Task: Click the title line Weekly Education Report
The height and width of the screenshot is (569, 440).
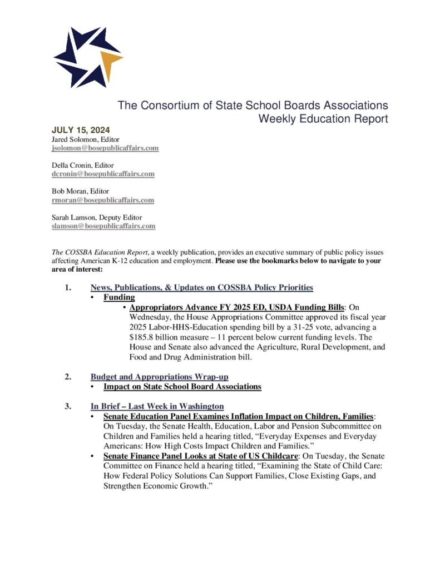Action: [323, 118]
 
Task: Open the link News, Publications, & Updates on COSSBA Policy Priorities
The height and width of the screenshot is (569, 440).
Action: [201, 287]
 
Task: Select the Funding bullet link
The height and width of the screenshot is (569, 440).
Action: [119, 297]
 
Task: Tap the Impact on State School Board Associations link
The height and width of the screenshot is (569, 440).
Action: [182, 386]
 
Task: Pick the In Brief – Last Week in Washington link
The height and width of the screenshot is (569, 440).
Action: [157, 406]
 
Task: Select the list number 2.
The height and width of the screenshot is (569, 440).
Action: [67, 377]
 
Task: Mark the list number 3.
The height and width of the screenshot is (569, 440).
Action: [67, 406]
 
